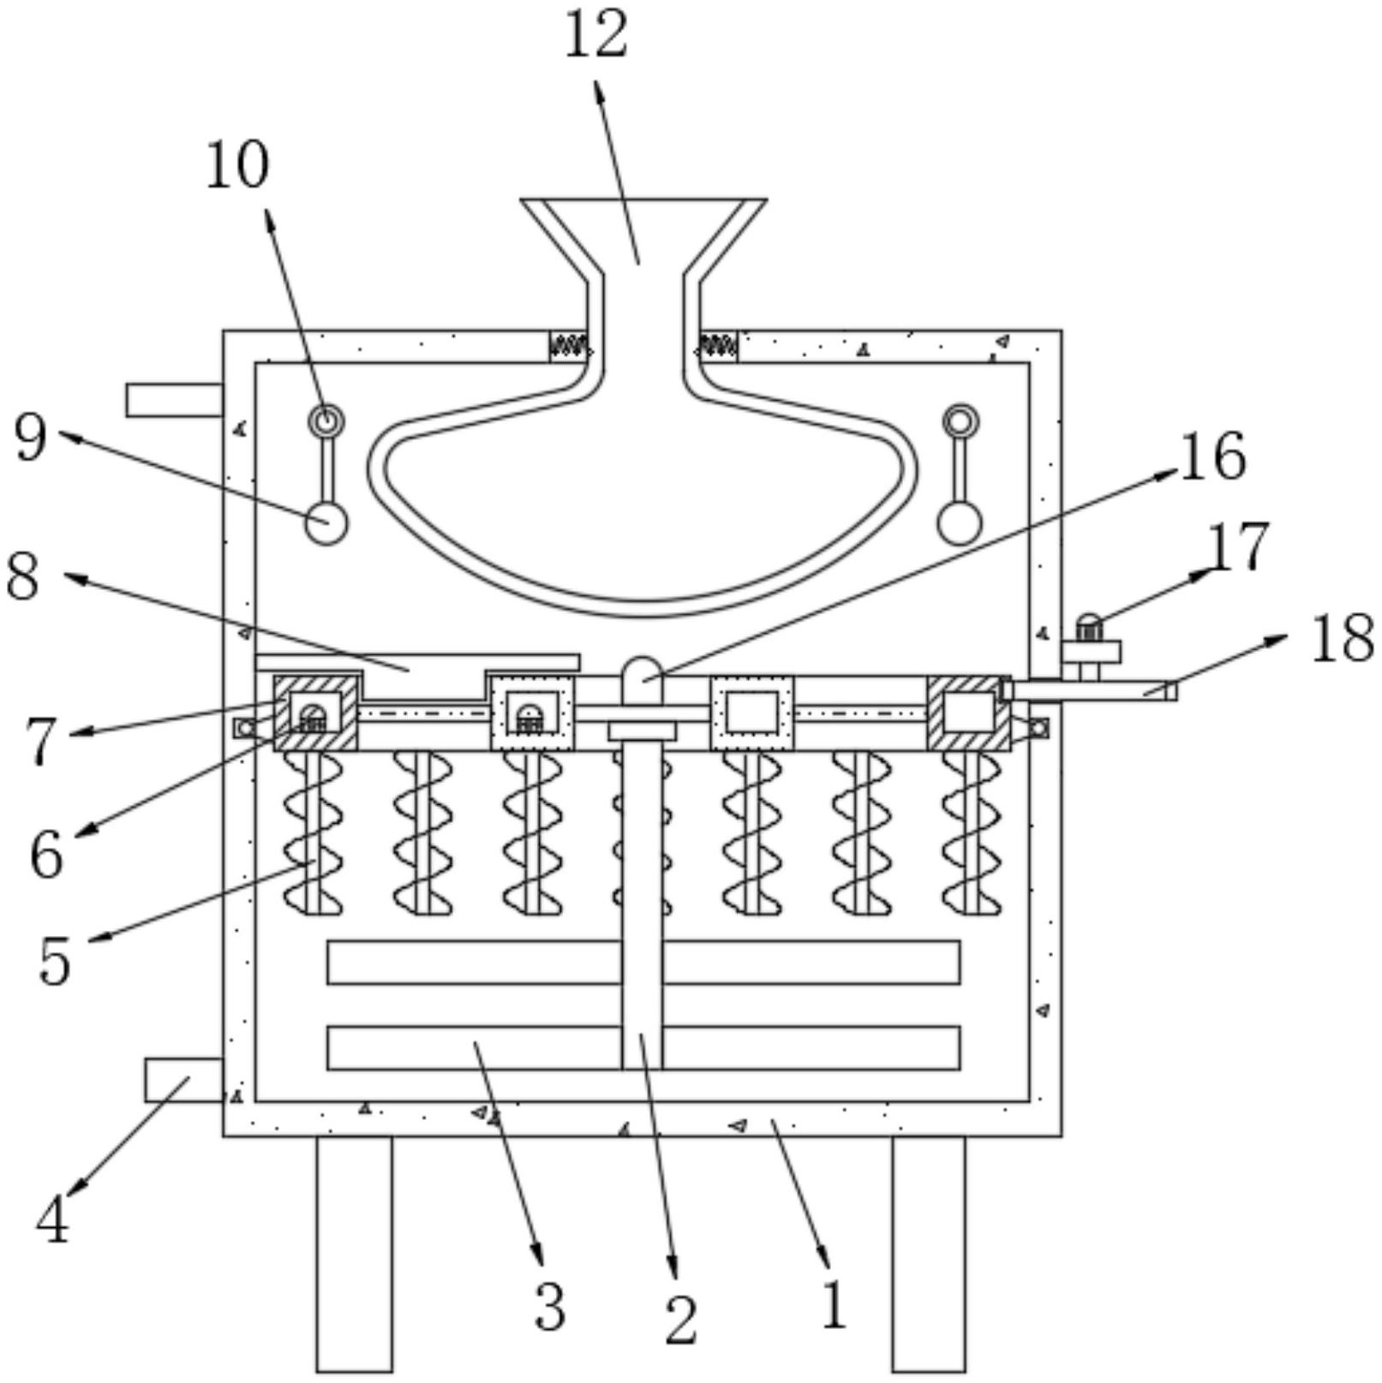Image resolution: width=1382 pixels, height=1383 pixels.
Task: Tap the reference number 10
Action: (x=237, y=164)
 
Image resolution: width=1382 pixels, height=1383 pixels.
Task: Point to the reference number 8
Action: (x=23, y=575)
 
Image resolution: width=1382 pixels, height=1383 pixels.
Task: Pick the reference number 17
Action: (x=1238, y=546)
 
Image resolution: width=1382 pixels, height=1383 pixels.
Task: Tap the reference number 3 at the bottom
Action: (x=550, y=1307)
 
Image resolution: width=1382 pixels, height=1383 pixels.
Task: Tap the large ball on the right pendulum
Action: (x=960, y=522)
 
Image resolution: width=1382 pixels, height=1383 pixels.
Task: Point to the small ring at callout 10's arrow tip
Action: (x=326, y=420)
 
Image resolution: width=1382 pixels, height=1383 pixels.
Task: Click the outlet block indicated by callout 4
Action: (x=183, y=1080)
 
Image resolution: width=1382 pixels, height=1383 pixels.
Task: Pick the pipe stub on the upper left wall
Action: (x=175, y=400)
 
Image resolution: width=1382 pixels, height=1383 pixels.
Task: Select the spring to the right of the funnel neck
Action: (x=717, y=346)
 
